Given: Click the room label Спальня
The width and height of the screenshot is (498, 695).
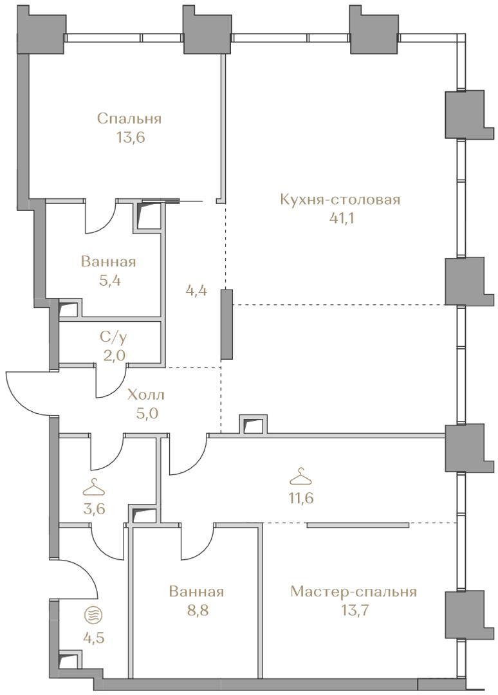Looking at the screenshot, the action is pyautogui.click(x=129, y=119).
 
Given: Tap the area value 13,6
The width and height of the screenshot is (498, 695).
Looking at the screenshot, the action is pyautogui.click(x=131, y=138).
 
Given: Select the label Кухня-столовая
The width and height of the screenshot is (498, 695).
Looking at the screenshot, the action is pyautogui.click(x=340, y=199).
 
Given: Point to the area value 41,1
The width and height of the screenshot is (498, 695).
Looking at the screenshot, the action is pyautogui.click(x=342, y=219).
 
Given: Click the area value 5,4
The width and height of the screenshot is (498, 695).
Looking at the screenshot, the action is pyautogui.click(x=109, y=281).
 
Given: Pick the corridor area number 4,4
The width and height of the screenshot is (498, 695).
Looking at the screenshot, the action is pyautogui.click(x=197, y=292).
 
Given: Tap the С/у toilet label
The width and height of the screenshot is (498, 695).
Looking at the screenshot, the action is pyautogui.click(x=113, y=338).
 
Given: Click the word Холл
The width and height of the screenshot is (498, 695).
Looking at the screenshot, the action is pyautogui.click(x=146, y=394).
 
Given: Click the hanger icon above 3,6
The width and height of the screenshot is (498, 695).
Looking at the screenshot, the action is pyautogui.click(x=94, y=488).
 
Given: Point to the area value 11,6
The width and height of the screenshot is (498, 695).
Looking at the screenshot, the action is pyautogui.click(x=301, y=498).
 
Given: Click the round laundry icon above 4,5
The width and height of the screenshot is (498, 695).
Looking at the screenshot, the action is pyautogui.click(x=93, y=615).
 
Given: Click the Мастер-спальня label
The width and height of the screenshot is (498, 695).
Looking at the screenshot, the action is pyautogui.click(x=354, y=592).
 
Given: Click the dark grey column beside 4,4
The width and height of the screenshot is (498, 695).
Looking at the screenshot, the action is pyautogui.click(x=226, y=324).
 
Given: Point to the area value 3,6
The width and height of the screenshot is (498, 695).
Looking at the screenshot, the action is pyautogui.click(x=95, y=508).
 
